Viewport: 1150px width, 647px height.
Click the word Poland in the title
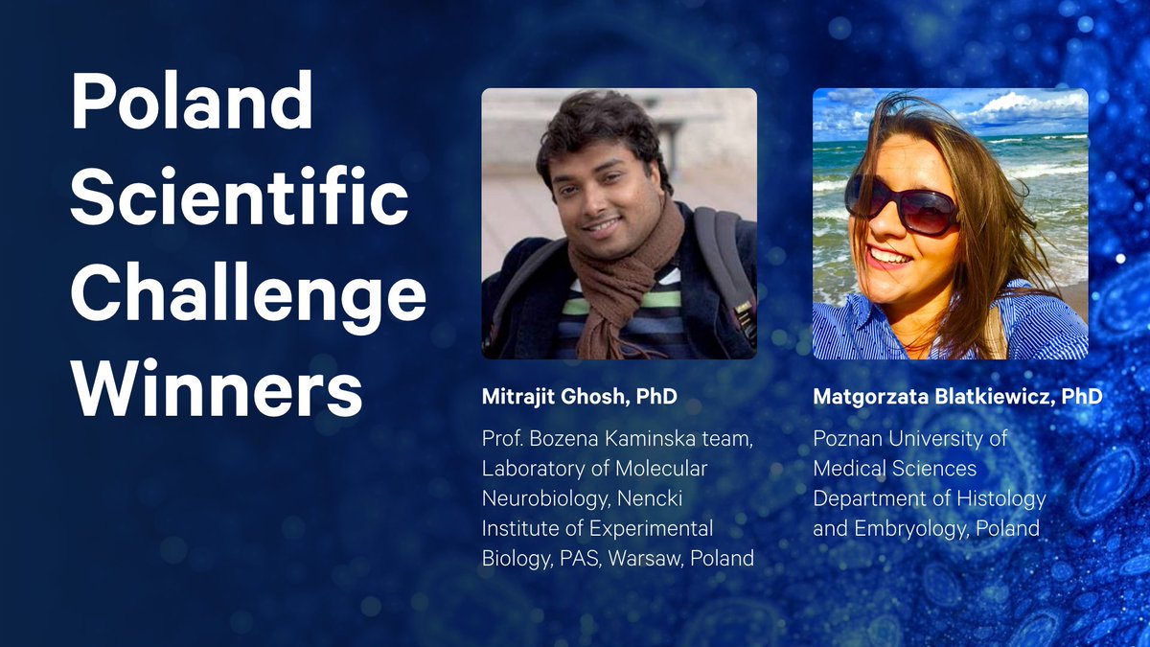click(192, 103)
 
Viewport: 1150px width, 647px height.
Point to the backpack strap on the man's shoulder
click(722, 259)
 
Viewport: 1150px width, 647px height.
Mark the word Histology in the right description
click(1005, 498)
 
